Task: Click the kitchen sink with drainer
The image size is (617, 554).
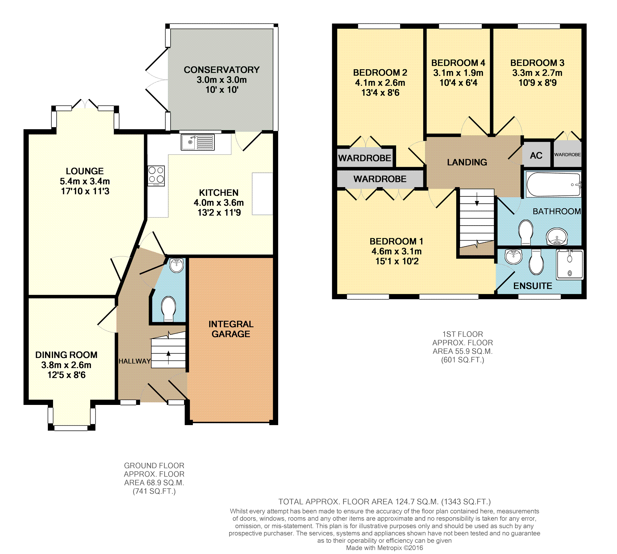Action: [198, 142]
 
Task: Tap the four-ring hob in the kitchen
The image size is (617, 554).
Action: [156, 176]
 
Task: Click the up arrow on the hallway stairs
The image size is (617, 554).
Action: [168, 357]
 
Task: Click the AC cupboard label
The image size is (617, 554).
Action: [536, 155]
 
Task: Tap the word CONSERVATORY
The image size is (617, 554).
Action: [222, 70]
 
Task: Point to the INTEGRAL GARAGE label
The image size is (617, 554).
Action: [231, 329]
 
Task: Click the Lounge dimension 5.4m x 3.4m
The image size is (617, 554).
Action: [85, 181]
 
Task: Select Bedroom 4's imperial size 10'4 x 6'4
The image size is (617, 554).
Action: [458, 83]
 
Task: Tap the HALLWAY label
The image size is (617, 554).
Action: [134, 361]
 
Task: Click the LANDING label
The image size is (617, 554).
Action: [467, 162]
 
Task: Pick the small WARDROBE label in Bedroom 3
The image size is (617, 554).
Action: [567, 155]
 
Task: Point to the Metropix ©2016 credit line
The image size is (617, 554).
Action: [385, 548]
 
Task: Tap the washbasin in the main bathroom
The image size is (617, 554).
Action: [557, 237]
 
